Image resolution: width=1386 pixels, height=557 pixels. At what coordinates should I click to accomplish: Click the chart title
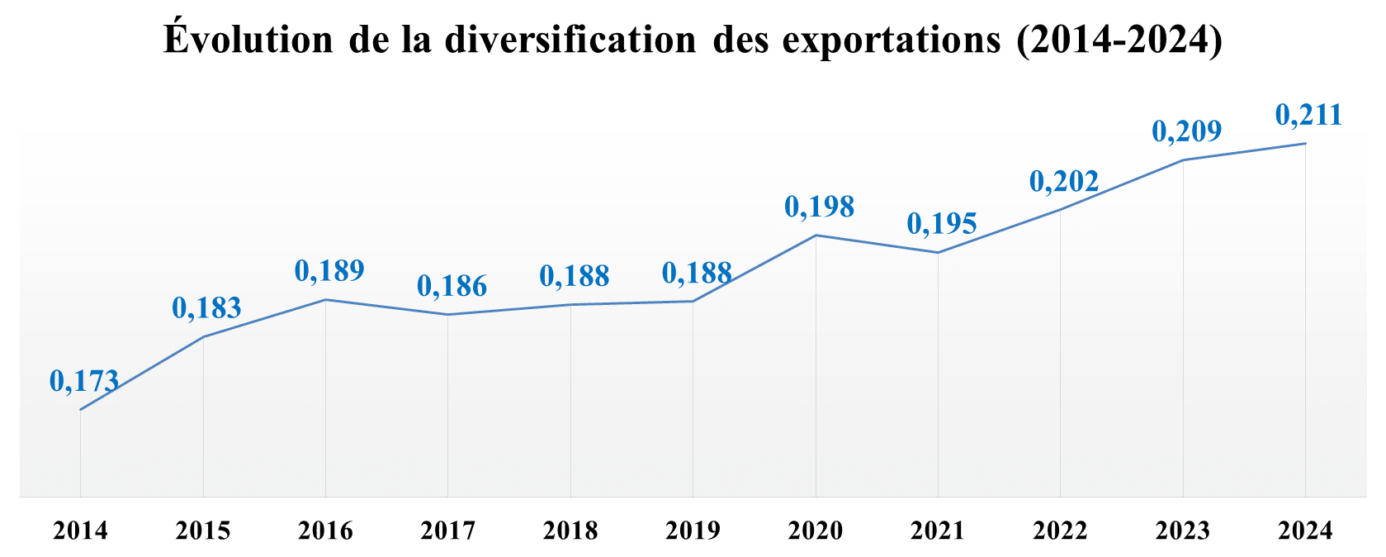693,40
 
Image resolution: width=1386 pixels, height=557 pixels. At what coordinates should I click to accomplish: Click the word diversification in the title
570,40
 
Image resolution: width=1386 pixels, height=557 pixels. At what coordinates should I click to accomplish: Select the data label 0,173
84,381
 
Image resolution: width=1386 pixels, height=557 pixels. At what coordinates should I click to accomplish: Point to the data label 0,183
206,308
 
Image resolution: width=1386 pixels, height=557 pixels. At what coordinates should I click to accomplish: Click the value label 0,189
329,270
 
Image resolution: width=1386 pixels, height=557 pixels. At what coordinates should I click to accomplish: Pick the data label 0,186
452,286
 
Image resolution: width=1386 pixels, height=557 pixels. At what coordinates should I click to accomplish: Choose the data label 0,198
819,207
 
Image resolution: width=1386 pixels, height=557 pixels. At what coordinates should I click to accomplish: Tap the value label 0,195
942,223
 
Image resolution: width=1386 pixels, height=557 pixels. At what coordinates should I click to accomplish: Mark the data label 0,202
1064,181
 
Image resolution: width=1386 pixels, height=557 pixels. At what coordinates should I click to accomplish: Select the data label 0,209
1186,131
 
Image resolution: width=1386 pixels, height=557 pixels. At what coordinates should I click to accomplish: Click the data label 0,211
1308,115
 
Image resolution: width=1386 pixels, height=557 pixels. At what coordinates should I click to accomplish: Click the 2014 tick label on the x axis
80,530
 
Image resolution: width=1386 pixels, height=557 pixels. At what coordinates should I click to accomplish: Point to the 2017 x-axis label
447,530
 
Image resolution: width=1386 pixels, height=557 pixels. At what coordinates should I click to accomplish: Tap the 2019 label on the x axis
693,530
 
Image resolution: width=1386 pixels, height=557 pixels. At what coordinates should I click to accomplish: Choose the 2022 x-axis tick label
1060,530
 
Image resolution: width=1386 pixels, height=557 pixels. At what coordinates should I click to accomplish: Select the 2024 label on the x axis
1305,530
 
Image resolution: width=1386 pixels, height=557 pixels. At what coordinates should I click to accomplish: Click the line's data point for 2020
816,236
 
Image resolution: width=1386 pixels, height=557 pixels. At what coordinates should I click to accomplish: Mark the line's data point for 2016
325,299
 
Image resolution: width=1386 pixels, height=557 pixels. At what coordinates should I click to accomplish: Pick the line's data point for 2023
1183,160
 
